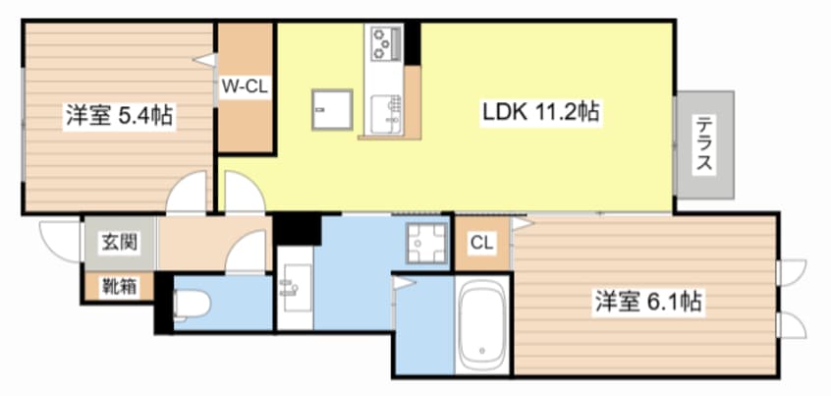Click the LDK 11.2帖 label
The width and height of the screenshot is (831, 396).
540,112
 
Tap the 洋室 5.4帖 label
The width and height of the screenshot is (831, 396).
119,116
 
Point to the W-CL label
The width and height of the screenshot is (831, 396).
245,85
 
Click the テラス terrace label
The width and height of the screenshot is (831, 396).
704,144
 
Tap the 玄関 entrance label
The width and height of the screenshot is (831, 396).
120,243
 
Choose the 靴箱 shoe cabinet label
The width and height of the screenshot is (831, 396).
119,287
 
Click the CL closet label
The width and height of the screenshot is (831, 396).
481,244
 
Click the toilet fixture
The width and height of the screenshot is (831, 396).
190,305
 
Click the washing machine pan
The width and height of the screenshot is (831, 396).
426,243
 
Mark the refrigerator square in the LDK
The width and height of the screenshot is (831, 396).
332,109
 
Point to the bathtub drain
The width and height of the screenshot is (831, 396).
481,351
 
